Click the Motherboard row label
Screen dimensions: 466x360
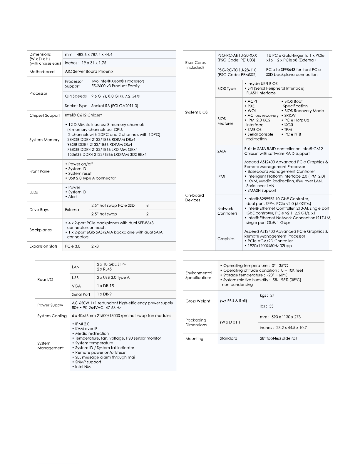click(42, 72)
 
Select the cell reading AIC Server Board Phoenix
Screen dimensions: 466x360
click(89, 71)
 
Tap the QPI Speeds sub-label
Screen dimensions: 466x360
click(76, 96)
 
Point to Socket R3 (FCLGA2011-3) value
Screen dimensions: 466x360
click(115, 106)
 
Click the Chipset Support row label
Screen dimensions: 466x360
click(45, 116)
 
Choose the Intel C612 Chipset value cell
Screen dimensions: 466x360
click(83, 115)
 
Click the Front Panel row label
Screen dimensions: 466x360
click(40, 171)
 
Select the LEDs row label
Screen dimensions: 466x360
click(34, 192)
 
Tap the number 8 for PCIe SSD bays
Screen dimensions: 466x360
click(148, 206)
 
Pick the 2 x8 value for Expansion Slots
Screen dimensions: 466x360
click(95, 246)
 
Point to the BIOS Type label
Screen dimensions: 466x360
click(227, 88)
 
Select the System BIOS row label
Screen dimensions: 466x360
click(196, 112)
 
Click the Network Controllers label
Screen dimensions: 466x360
click(227, 211)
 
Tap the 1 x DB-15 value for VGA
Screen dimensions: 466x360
click(106, 286)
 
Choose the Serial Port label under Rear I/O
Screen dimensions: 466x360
click(81, 295)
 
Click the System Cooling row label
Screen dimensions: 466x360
click(52, 316)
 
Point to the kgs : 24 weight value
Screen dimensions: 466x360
click(267, 296)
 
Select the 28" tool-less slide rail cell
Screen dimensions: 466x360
click(278, 339)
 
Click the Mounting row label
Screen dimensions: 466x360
click(194, 339)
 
